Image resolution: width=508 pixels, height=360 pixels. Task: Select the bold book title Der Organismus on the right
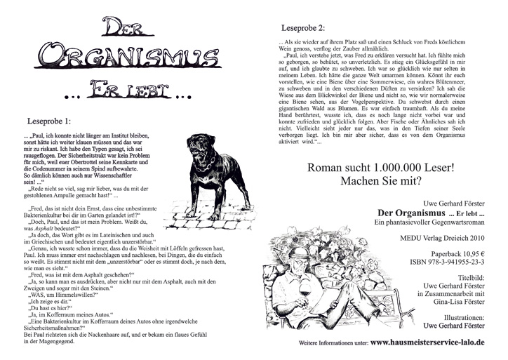[410, 213]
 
